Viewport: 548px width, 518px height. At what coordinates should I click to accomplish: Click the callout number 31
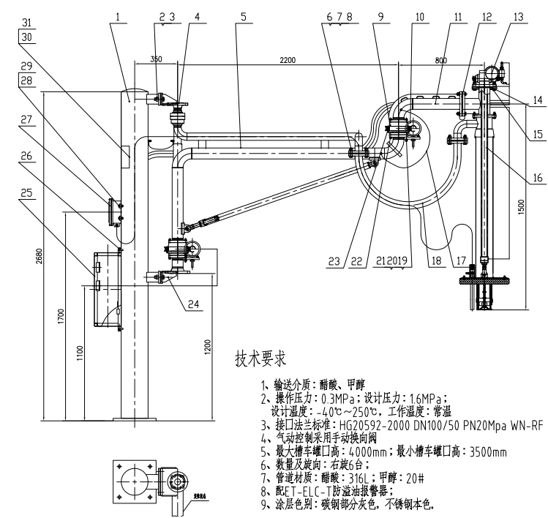[x=26, y=20]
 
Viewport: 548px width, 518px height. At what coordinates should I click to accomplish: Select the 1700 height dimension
[x=61, y=318]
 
